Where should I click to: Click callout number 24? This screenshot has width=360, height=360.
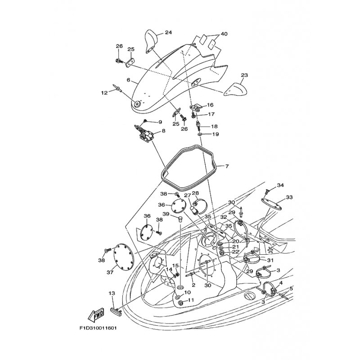tap(168, 32)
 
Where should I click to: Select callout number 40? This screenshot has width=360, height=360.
tap(224, 34)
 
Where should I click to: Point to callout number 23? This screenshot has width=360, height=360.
tap(244, 75)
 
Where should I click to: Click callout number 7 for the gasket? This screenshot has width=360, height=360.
tap(227, 166)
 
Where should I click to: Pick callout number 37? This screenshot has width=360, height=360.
tap(110, 272)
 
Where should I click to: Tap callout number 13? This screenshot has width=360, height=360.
tap(112, 293)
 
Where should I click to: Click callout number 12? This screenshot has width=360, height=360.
tap(104, 93)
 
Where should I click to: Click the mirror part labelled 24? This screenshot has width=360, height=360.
tap(152, 41)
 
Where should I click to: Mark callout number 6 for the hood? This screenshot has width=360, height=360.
tap(116, 81)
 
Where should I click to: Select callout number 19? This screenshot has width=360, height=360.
tap(215, 134)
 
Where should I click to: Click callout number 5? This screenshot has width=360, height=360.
tap(291, 288)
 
